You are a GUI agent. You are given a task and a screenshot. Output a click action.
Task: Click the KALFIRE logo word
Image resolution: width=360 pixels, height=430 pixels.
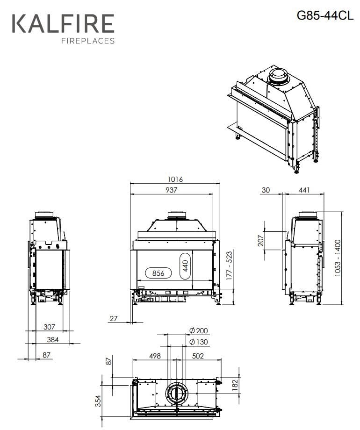click(63, 23)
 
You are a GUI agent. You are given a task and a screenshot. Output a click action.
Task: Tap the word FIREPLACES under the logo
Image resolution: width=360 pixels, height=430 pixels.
click(88, 41)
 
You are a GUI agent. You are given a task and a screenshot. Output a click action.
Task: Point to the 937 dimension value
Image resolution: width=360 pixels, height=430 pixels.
click(171, 190)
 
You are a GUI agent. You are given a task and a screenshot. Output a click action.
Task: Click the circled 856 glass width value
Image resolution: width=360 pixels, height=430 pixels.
click(158, 273)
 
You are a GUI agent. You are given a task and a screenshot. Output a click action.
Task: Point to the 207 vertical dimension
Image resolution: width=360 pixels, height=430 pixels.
click(261, 241)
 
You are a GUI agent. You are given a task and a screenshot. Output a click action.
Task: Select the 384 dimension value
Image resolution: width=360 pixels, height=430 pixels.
click(52, 340)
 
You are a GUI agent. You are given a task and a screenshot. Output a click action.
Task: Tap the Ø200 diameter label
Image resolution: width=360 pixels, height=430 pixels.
click(199, 330)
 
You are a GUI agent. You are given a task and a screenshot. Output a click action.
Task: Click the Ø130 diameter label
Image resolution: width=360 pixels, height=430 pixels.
click(199, 342)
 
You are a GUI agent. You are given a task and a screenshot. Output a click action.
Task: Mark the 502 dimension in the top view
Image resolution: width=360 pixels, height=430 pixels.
click(198, 356)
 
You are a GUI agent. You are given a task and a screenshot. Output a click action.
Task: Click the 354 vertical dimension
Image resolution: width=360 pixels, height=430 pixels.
click(98, 401)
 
